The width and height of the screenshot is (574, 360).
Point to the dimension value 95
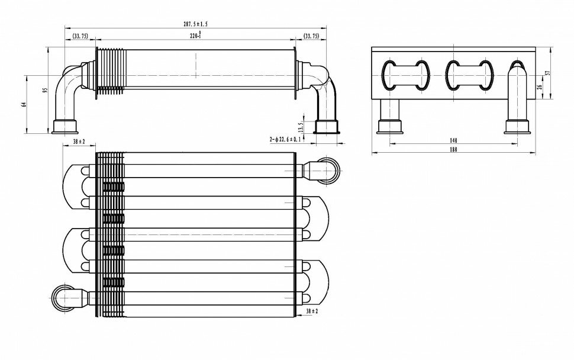tap(44, 91)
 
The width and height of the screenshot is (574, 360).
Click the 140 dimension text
tap(453, 141)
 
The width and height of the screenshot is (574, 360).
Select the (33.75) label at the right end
tap(311, 36)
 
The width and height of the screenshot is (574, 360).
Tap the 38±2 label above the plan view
tap(79, 142)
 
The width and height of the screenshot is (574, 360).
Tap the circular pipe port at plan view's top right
tap(328, 169)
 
